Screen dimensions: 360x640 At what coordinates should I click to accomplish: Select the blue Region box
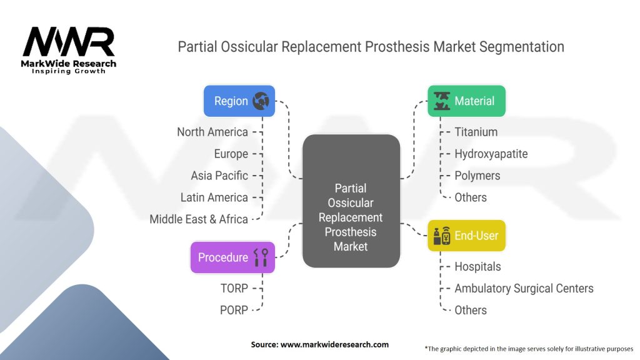click(x=239, y=101)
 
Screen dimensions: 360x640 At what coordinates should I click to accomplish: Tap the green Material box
click(x=466, y=101)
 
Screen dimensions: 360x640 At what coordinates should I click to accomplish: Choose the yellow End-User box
click(x=466, y=236)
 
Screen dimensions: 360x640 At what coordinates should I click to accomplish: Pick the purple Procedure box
click(x=232, y=257)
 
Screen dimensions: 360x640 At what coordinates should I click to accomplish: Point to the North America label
click(x=212, y=132)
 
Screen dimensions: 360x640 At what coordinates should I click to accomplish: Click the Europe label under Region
click(x=231, y=154)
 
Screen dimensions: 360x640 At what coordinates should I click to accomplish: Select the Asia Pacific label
click(x=219, y=176)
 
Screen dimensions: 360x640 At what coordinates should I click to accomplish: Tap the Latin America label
click(x=214, y=197)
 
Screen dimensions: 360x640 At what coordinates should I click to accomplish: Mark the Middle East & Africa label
click(x=199, y=219)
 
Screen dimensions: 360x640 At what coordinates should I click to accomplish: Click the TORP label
click(x=234, y=288)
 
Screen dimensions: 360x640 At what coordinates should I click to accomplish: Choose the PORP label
click(x=234, y=310)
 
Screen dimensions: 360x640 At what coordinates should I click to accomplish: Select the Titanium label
click(x=476, y=132)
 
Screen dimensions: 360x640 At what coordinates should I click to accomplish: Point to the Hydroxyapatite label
click(x=491, y=154)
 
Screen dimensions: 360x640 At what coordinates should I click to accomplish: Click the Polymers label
click(x=477, y=176)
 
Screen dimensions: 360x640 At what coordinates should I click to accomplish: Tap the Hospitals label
click(x=477, y=267)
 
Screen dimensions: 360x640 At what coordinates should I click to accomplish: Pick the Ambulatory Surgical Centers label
click(x=524, y=288)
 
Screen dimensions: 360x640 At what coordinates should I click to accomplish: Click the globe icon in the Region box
click(x=261, y=101)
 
